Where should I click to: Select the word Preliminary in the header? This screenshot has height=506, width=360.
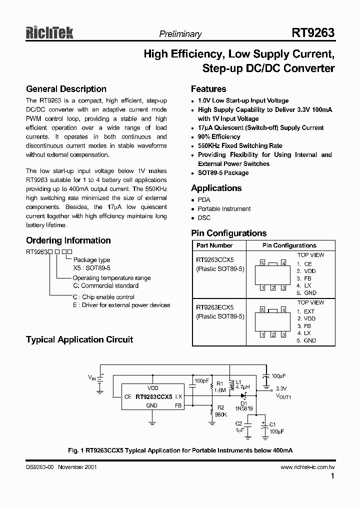(180, 34)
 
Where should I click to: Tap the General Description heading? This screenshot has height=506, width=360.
(66, 89)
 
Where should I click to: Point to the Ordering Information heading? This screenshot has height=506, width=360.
(68, 240)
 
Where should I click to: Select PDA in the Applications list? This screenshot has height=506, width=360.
(204, 199)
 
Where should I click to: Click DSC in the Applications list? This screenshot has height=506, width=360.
(204, 217)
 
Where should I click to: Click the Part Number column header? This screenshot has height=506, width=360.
(214, 245)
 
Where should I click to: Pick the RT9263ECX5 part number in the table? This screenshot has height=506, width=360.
(214, 307)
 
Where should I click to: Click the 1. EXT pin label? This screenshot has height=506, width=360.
(305, 311)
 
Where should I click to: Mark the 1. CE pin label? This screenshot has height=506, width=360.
(304, 263)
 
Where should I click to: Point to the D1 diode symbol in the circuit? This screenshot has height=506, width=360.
(244, 395)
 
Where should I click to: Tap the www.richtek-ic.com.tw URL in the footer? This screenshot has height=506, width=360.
(307, 466)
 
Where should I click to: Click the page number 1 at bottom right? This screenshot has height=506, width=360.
(332, 476)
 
